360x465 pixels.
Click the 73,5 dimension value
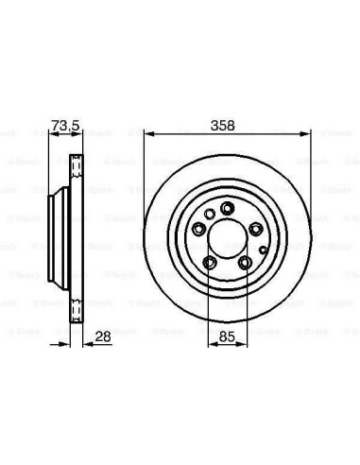pos(65,126)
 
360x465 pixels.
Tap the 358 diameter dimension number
pos(223,126)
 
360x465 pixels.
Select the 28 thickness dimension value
pos(103,337)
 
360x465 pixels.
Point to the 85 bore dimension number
pos(227,337)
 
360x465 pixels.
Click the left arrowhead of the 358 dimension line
pos(149,134)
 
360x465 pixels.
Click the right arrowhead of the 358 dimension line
pos(306,134)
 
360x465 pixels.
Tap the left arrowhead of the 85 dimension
pos(213,345)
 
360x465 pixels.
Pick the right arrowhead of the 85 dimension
pos(243,345)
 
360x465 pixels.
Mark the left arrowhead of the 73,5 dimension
pos(54,134)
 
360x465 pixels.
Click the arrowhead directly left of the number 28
pos(88,345)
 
